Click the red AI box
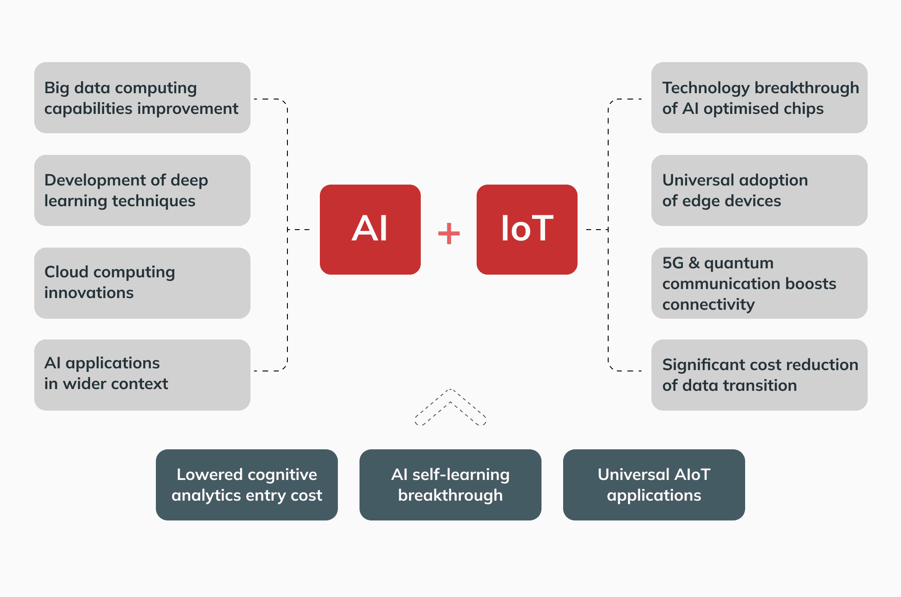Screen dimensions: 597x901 (370, 229)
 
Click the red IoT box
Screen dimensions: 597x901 (527, 229)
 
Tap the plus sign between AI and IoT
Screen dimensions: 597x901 (449, 233)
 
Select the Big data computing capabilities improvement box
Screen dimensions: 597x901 (142, 98)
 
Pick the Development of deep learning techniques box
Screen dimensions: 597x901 (142, 190)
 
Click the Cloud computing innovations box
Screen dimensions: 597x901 (142, 283)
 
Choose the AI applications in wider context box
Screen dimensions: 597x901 (142, 375)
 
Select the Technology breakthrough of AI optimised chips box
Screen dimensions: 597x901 (759, 98)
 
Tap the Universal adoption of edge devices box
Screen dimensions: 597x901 (759, 190)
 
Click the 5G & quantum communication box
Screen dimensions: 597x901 (759, 283)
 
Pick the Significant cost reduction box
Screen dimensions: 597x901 (759, 375)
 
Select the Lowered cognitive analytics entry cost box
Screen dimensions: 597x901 (246, 484)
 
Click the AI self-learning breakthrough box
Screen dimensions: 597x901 (450, 484)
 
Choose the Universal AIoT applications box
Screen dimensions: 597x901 (654, 484)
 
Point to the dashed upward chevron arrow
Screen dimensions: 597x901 (450, 407)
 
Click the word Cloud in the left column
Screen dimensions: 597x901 (66, 272)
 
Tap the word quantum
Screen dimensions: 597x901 (739, 263)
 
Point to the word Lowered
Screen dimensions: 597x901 (209, 475)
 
